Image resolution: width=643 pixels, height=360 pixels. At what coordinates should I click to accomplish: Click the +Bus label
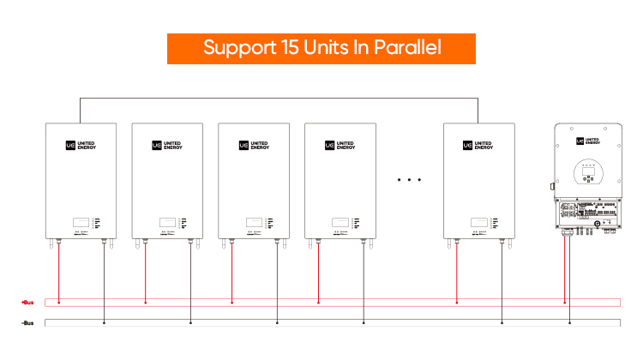[x=27, y=303]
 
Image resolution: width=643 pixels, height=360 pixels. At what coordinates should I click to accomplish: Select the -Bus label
[x=27, y=323]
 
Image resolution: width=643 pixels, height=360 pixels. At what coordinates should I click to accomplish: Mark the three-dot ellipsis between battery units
[x=410, y=180]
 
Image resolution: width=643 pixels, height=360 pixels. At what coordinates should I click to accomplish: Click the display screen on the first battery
[x=81, y=219]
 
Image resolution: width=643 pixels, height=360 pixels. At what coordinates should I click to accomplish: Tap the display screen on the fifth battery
[x=479, y=219]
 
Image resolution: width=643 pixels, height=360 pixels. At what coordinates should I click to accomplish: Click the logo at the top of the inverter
[x=587, y=140]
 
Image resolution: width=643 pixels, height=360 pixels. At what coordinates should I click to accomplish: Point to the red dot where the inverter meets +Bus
[x=564, y=302]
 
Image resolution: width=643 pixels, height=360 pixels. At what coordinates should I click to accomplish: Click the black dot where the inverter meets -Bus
[x=569, y=323]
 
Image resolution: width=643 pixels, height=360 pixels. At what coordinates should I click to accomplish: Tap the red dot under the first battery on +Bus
[x=58, y=302]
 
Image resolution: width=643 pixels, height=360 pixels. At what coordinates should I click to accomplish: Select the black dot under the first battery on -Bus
[x=104, y=323]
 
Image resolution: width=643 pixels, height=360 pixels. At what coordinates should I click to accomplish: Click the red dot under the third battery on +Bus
[x=231, y=302]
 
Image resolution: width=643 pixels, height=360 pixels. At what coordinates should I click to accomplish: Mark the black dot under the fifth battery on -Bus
[x=502, y=323]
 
